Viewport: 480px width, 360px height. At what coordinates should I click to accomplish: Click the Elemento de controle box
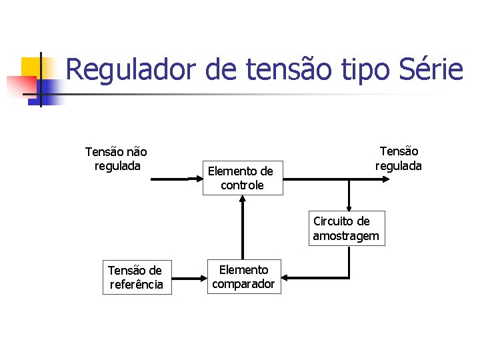coord(242,178)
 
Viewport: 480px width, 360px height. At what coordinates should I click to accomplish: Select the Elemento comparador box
coord(243,277)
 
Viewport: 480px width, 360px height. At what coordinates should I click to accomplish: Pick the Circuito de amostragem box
coord(346,228)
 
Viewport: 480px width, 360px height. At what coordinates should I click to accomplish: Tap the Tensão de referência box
coord(135,277)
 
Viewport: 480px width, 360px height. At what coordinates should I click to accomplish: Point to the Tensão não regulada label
coord(117,159)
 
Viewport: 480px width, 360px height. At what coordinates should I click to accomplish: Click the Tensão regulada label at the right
coord(399,159)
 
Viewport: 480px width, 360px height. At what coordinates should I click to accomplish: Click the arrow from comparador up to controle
coord(243,227)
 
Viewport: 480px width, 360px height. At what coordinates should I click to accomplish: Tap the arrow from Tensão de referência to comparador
coord(189,277)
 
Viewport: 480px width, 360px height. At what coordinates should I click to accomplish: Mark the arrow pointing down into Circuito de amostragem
coord(348,197)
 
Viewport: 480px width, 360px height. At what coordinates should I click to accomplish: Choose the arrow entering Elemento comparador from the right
coord(313,277)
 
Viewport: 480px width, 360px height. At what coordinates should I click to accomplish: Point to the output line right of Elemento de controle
coord(320,179)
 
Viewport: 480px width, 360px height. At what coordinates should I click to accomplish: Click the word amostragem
coord(346,235)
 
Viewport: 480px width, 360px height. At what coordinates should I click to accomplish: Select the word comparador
coord(243,284)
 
